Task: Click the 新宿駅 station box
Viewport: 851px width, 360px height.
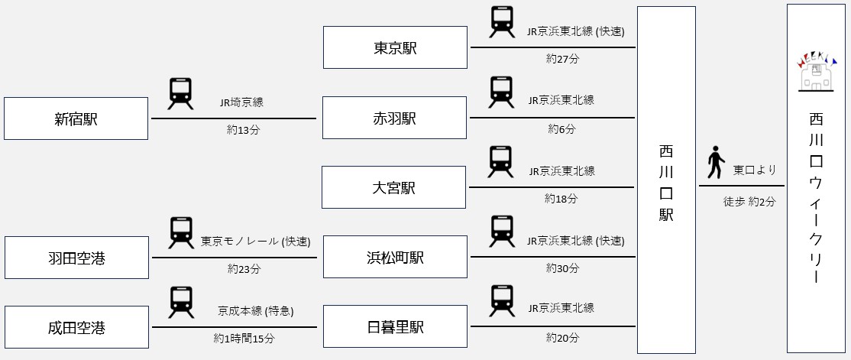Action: pyautogui.click(x=76, y=118)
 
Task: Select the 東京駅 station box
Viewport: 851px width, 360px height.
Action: pyautogui.click(x=395, y=47)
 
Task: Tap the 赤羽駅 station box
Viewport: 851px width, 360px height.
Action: pyautogui.click(x=394, y=118)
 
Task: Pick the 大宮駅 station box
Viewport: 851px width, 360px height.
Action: pyautogui.click(x=393, y=187)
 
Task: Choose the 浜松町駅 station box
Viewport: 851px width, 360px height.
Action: pyautogui.click(x=395, y=257)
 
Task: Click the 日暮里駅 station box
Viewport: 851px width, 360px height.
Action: pyautogui.click(x=395, y=327)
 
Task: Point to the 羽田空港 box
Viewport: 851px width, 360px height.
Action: pyautogui.click(x=76, y=258)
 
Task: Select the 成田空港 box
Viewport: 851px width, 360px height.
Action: pyautogui.click(x=76, y=328)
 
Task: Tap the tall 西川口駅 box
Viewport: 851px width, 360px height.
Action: pyautogui.click(x=666, y=180)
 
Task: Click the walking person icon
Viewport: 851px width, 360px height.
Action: pyautogui.click(x=715, y=161)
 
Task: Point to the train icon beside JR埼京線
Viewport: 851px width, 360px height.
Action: pyautogui.click(x=180, y=94)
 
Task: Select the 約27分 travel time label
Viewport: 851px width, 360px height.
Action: pyautogui.click(x=562, y=58)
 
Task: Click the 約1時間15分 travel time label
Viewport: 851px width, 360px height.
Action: pyautogui.click(x=244, y=338)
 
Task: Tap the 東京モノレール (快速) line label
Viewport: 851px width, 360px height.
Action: pyautogui.click(x=255, y=242)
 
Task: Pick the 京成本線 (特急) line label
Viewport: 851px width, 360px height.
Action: pyautogui.click(x=255, y=311)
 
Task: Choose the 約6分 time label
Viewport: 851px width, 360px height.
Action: pyautogui.click(x=561, y=128)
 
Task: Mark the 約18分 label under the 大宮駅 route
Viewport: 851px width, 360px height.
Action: pyautogui.click(x=561, y=198)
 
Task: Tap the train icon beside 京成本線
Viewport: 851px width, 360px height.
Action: pyautogui.click(x=181, y=302)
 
